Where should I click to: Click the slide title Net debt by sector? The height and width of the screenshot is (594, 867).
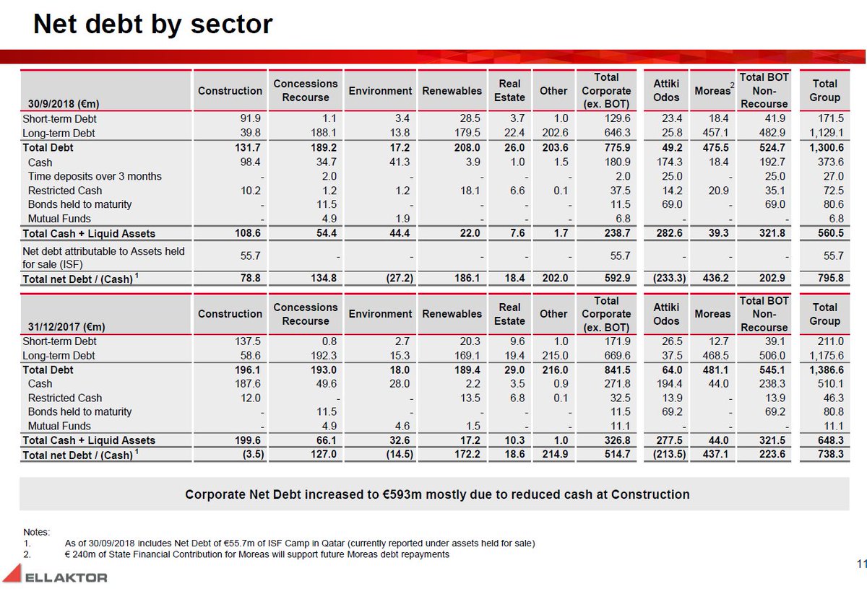[x=152, y=25]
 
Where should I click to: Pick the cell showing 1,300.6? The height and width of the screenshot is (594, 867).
[x=824, y=147]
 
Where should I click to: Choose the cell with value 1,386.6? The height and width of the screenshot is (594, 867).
[x=824, y=370]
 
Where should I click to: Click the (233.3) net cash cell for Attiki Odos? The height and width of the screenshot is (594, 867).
[x=665, y=278]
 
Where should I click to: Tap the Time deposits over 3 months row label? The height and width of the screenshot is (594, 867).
[x=95, y=176]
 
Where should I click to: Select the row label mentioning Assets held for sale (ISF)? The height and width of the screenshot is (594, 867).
[x=103, y=257]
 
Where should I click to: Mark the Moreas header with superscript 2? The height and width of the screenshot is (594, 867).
[x=712, y=90]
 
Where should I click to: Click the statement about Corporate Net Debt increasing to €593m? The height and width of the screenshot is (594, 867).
[x=437, y=494]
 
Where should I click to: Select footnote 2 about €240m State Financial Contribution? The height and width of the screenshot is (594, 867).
[x=256, y=554]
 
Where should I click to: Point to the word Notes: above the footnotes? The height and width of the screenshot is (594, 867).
[x=36, y=532]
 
